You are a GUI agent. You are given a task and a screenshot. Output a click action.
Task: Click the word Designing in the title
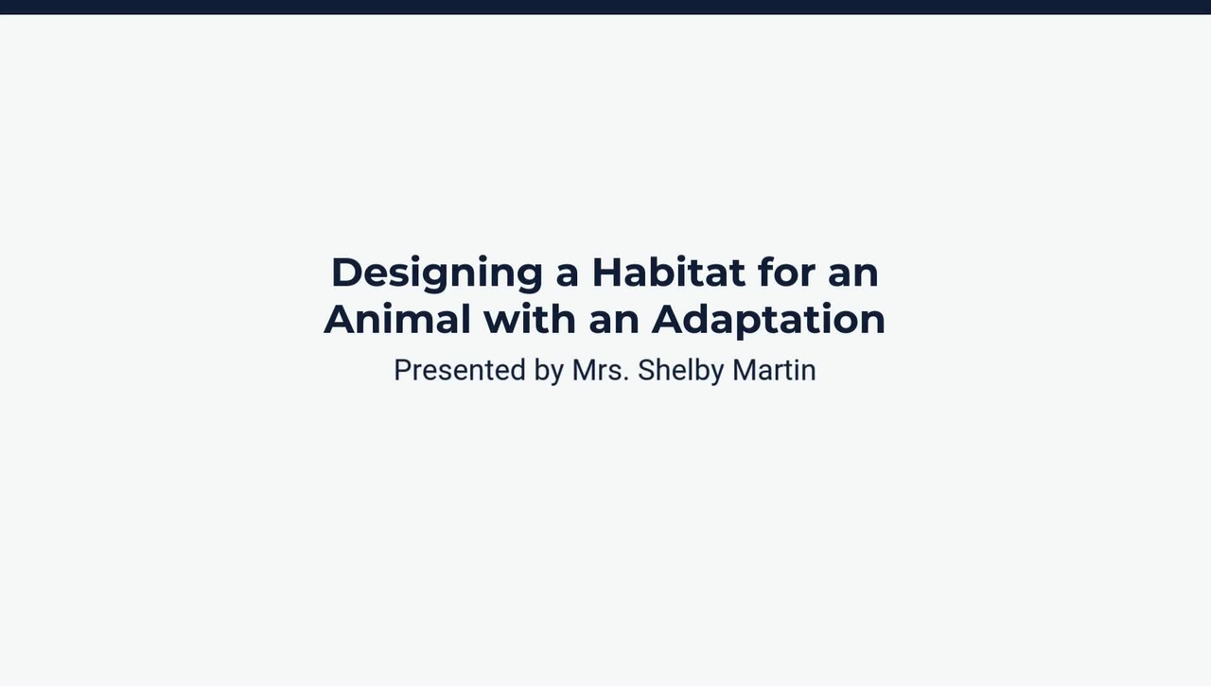tap(436, 273)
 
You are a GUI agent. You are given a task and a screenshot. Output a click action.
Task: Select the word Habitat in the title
tap(668, 273)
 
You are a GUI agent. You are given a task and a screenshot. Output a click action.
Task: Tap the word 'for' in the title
tap(786, 273)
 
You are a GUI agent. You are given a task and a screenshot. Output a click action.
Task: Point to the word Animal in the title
tap(396, 319)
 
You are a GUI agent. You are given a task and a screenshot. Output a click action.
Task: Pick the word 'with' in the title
tap(530, 319)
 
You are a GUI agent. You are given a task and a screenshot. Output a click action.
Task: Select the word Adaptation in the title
tap(768, 320)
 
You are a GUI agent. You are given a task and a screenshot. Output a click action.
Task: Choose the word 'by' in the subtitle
tap(549, 371)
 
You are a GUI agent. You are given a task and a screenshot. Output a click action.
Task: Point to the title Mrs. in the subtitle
tap(600, 370)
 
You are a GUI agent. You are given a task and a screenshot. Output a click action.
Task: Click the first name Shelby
tap(680, 370)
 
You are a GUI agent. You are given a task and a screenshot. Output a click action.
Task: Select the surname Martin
tap(774, 370)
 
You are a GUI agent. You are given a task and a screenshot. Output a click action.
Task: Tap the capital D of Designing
tap(346, 273)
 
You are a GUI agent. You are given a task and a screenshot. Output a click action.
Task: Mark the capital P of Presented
tap(402, 370)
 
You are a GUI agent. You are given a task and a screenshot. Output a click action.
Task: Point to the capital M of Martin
tap(744, 370)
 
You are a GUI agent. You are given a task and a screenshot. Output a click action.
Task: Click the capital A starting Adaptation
tap(668, 319)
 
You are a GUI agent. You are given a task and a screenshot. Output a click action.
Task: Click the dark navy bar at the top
tap(605, 7)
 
